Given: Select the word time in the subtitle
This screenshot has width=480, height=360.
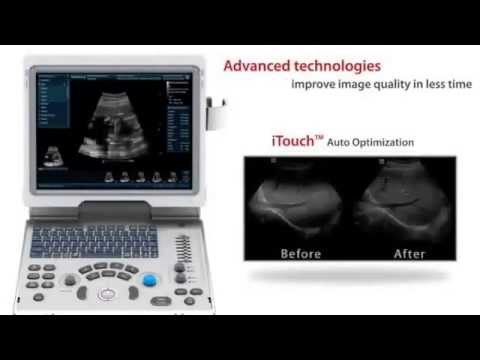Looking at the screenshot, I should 456,85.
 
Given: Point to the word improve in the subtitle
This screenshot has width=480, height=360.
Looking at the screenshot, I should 313,85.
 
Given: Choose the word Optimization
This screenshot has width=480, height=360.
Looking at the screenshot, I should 384,143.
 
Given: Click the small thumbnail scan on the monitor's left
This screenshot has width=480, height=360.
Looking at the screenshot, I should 50,155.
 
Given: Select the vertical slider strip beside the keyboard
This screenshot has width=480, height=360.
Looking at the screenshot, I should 181,247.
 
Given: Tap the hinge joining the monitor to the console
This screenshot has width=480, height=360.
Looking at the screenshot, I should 111,207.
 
